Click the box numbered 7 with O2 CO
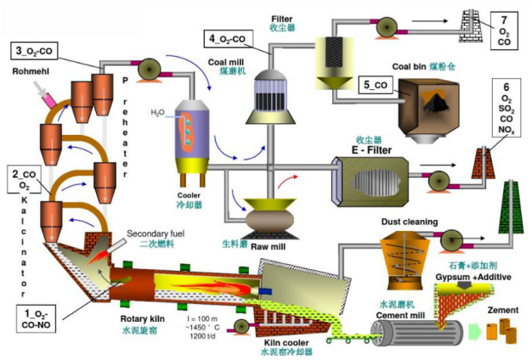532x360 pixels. (504, 29)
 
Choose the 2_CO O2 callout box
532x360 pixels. (24, 179)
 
